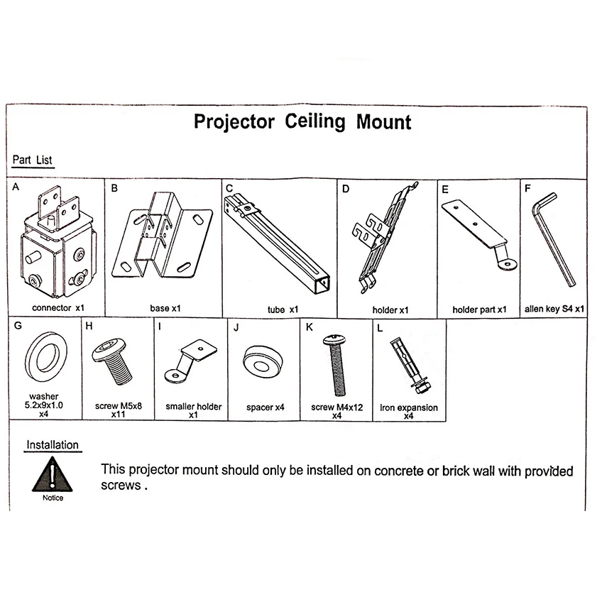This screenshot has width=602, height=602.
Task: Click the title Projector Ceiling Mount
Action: tap(302, 121)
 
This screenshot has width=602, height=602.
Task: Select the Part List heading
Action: tap(33, 160)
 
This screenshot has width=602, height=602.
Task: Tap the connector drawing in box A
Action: tap(56, 242)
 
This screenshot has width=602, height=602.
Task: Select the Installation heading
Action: tap(53, 445)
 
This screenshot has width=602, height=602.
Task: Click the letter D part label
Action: tap(346, 189)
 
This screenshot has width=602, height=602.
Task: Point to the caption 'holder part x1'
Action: tap(479, 310)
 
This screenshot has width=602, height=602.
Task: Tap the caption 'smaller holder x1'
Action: tap(194, 412)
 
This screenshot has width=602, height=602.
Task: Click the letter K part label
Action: tap(309, 328)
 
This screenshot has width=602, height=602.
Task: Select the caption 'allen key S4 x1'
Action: tap(554, 310)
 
